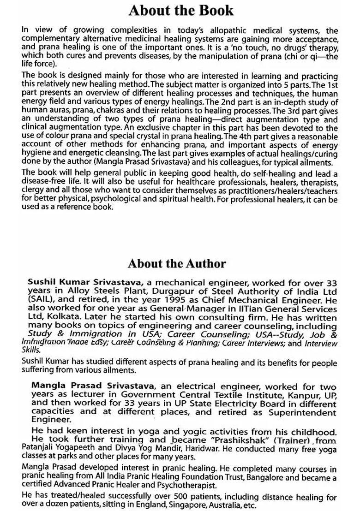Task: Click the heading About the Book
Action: (x=181, y=10)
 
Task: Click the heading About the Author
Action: (x=177, y=264)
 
